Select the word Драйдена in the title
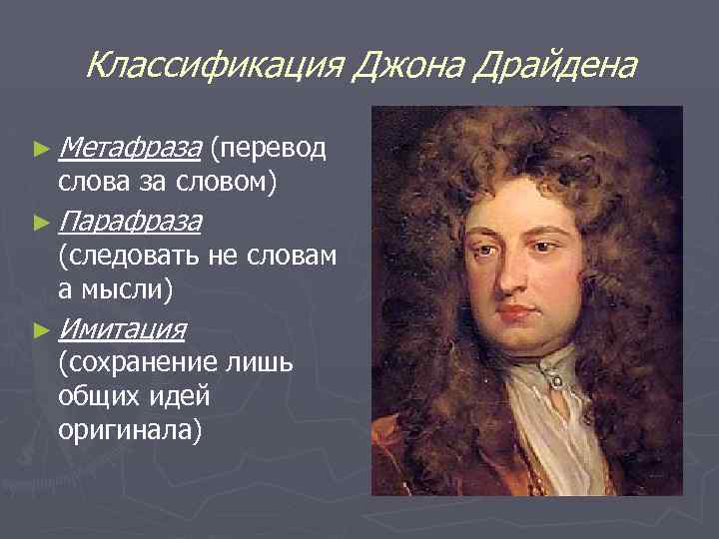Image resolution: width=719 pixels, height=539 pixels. pos(555,67)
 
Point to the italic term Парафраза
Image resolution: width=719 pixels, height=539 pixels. pos(130,220)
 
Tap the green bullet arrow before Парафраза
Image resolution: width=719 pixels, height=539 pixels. pos(40,221)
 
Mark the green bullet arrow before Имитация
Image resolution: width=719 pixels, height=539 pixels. pos(40,327)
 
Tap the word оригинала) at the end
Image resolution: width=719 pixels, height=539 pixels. pos(130,431)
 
